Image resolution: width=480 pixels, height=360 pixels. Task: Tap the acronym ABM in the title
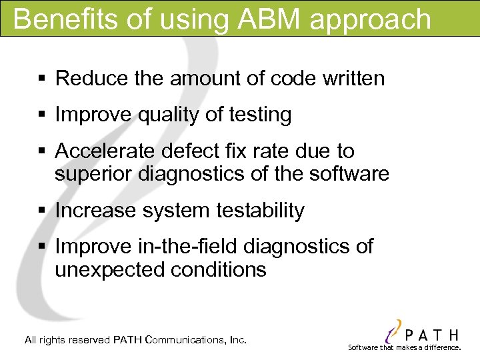tap(261, 19)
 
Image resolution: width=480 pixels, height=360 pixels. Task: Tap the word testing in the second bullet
tap(259, 115)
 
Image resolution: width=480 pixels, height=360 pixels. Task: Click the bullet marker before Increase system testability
tap(41, 211)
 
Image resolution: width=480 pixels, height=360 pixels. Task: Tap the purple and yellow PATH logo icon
tap(395, 330)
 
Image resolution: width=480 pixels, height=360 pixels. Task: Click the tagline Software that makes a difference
tap(405, 347)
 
